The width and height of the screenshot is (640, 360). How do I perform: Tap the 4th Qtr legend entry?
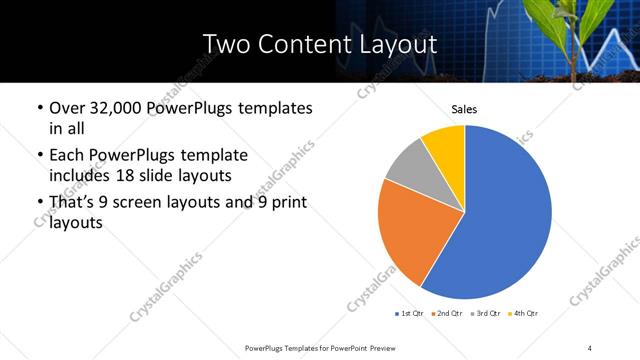pyautogui.click(x=524, y=314)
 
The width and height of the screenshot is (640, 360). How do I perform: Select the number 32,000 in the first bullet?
pyautogui.click(x=118, y=107)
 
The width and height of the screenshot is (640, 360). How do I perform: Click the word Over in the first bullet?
pyautogui.click(x=66, y=107)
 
